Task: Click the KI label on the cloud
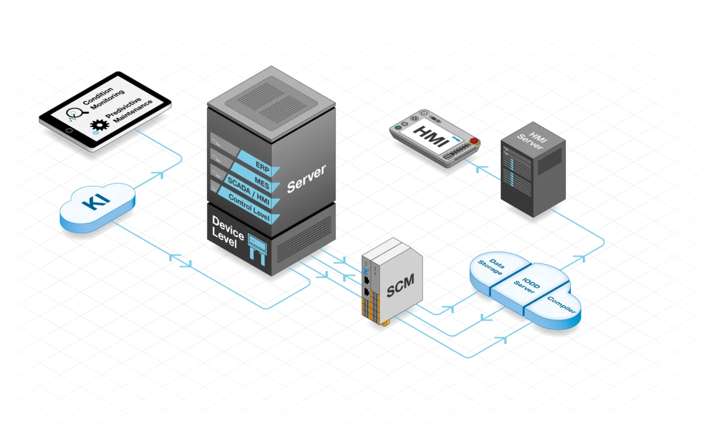(x=96, y=201)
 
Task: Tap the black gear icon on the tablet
(x=99, y=125)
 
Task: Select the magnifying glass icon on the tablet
(x=77, y=113)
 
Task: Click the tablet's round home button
(x=69, y=130)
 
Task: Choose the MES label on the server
(x=262, y=183)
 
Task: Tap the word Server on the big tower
(x=306, y=178)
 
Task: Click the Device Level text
(x=227, y=232)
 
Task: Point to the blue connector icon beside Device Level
(x=257, y=250)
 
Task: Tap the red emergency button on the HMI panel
(x=474, y=141)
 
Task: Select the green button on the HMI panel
(x=398, y=128)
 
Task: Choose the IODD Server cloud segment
(x=529, y=286)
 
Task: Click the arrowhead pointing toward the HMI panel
(x=481, y=168)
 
